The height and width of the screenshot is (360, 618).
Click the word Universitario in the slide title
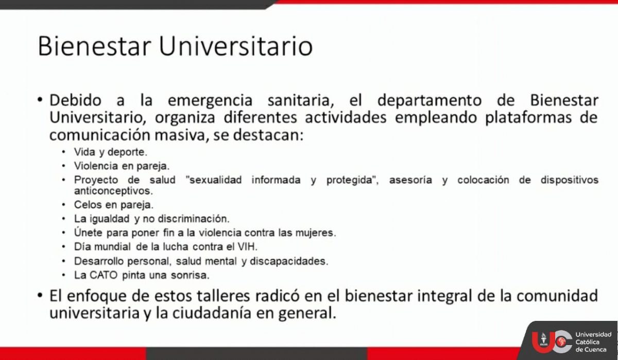pos(236,46)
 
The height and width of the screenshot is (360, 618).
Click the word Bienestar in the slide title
pos(94,46)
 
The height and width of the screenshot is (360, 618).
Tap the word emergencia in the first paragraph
pos(210,100)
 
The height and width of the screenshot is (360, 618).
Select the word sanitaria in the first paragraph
pos(301,100)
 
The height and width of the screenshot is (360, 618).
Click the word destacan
pos(268,135)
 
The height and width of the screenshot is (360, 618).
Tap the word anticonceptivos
pos(113,191)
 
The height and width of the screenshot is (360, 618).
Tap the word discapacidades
pos(289,261)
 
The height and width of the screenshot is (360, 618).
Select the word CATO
pos(104,275)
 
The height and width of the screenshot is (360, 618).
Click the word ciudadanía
pos(212,313)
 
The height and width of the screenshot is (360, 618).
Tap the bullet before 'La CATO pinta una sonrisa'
pos(64,275)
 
